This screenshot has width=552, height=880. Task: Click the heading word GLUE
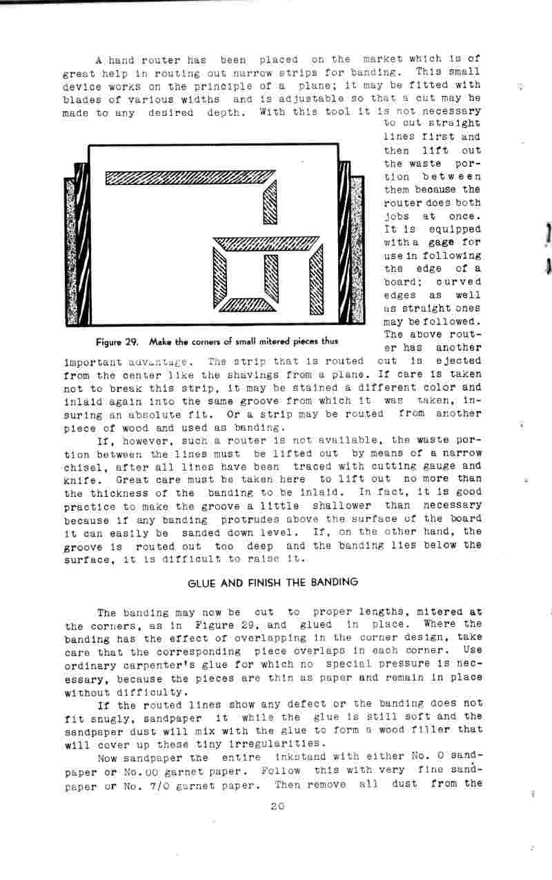click(x=200, y=582)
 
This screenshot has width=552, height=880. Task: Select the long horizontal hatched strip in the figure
click(x=186, y=179)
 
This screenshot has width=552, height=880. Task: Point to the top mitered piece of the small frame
click(x=266, y=243)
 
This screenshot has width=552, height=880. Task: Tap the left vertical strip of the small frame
click(x=220, y=274)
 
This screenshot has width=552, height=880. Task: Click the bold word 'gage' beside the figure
click(x=442, y=242)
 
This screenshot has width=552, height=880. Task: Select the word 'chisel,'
click(x=84, y=467)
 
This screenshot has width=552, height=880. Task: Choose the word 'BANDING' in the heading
click(x=335, y=582)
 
